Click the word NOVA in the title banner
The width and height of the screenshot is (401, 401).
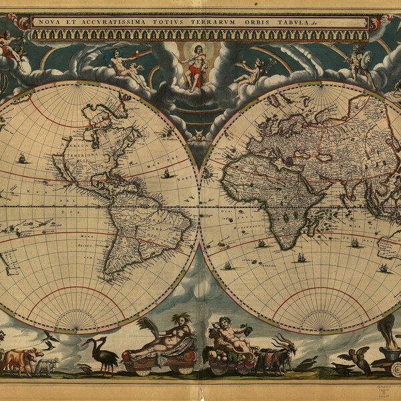pyautogui.click(x=47, y=22)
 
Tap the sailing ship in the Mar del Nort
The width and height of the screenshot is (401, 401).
pyautogui.click(x=166, y=173)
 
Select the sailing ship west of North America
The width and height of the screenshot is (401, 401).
pyautogui.click(x=21, y=159)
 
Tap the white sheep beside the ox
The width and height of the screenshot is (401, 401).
pyautogui.click(x=47, y=365)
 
